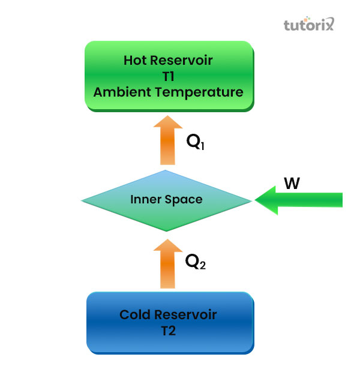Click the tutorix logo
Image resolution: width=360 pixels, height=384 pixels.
(308, 25)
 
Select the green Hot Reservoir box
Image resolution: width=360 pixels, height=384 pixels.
(168, 76)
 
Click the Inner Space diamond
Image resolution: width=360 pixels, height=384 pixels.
(166, 200)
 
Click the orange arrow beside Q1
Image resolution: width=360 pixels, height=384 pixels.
(167, 141)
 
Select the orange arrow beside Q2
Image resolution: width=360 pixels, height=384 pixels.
(167, 264)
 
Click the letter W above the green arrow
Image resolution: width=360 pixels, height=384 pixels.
(292, 183)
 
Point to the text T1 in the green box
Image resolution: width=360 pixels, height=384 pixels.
(168, 76)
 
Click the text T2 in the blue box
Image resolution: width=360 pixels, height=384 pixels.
(168, 331)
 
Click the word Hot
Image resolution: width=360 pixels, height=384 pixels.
(135, 60)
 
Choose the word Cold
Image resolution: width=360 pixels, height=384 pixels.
(134, 314)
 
